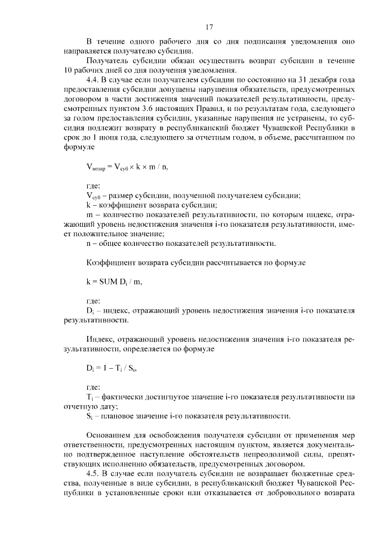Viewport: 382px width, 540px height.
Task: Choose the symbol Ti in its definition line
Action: pyautogui.click(x=90, y=396)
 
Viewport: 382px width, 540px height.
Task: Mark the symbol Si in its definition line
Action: pyautogui.click(x=90, y=415)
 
